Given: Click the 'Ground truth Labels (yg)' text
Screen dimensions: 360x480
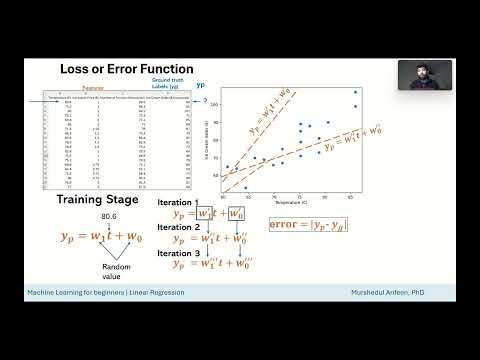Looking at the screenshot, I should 165,84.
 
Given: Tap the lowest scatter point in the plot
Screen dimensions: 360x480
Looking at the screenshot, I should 245,187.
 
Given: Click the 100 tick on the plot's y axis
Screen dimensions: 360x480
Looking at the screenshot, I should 215,104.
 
